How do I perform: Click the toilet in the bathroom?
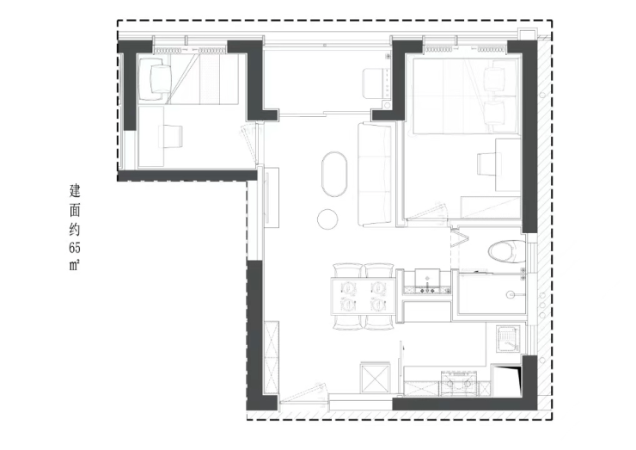(x=506, y=252)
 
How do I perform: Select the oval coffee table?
(x=334, y=174)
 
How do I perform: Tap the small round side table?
(x=327, y=219)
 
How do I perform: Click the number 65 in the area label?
(x=75, y=247)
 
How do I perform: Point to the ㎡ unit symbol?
(x=75, y=266)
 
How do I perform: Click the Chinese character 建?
(x=75, y=191)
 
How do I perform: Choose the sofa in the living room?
(x=375, y=174)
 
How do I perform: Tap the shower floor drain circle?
(x=510, y=295)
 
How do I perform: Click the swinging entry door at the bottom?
(x=303, y=391)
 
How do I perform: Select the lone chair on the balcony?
(x=374, y=83)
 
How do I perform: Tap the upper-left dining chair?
(x=347, y=270)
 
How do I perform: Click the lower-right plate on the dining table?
(x=378, y=304)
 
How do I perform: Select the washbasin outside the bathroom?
(x=427, y=278)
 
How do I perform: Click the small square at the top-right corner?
(x=529, y=34)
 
